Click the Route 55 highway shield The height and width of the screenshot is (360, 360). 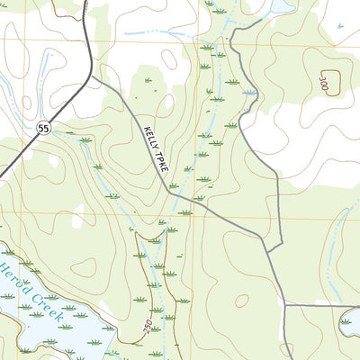coord(43,129)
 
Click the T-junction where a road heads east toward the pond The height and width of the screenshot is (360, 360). coord(285,305)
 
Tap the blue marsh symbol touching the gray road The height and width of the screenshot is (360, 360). coord(250,92)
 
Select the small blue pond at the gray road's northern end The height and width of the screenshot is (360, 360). coord(281,7)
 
